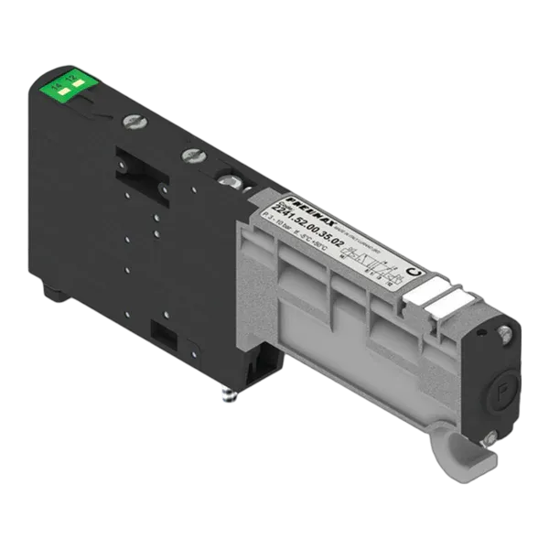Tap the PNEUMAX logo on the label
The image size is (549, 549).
click(x=291, y=199)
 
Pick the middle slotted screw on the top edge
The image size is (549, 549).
click(x=191, y=154)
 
